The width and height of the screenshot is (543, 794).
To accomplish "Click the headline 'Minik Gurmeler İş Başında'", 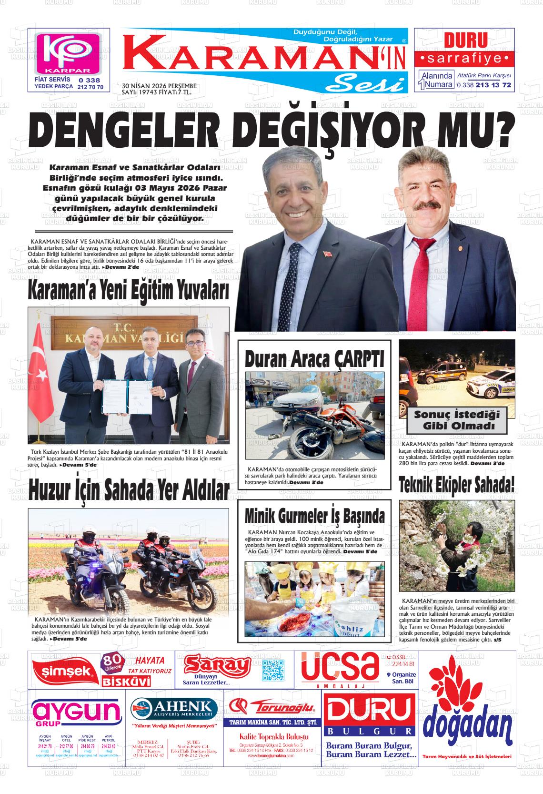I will [x=314, y=516].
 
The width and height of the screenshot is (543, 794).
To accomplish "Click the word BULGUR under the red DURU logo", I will [x=369, y=731].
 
